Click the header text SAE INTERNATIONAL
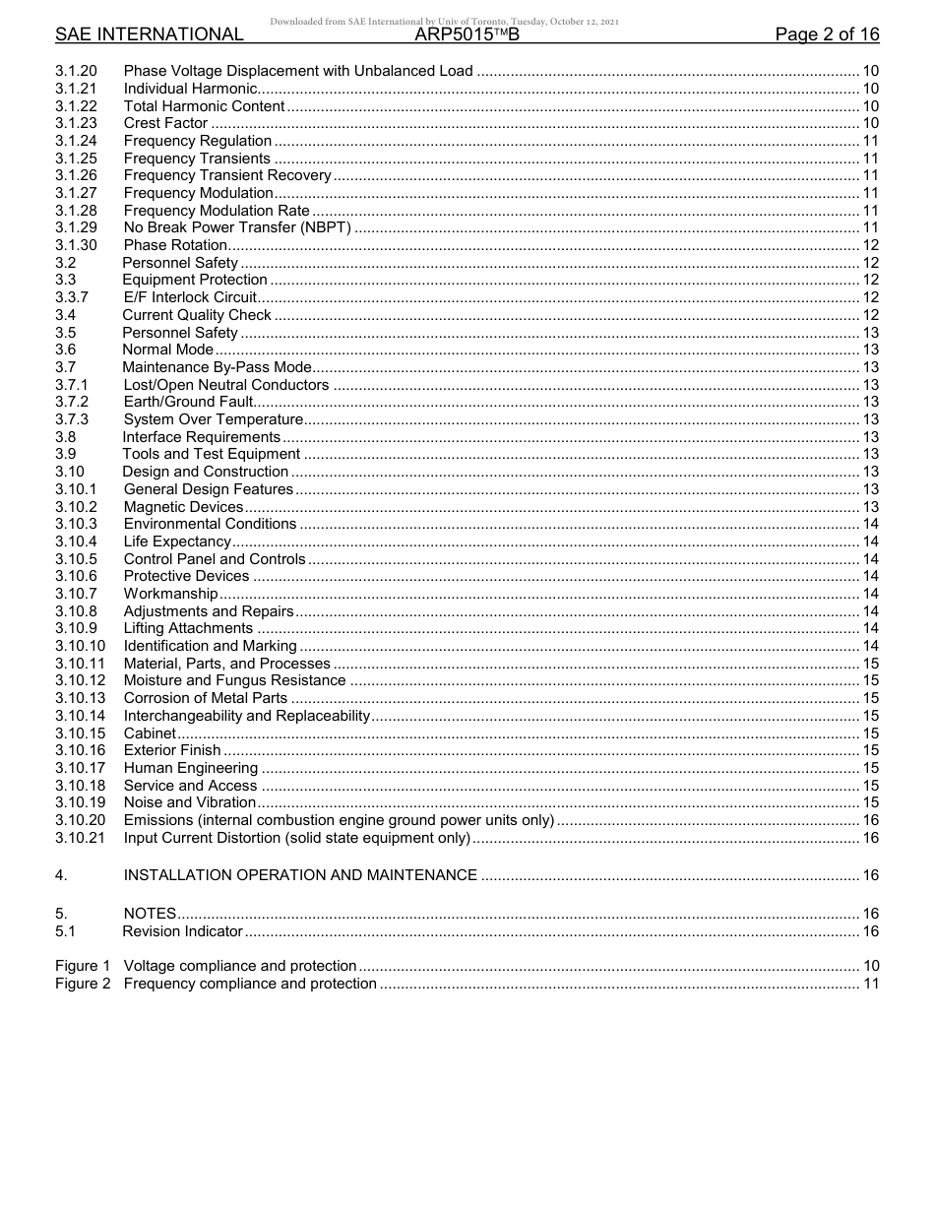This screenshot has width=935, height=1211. [x=149, y=34]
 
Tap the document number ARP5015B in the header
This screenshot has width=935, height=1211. [x=467, y=34]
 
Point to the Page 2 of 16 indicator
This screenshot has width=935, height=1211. [x=827, y=34]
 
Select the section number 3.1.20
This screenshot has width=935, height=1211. [x=76, y=71]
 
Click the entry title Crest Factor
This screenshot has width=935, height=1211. [x=165, y=123]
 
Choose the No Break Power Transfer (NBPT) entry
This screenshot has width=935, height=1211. [x=237, y=227]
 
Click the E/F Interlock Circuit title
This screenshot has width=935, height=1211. [x=190, y=297]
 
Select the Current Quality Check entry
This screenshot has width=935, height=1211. [x=197, y=315]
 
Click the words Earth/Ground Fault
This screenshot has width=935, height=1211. [x=188, y=402]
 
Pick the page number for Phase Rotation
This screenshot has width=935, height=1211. [x=870, y=245]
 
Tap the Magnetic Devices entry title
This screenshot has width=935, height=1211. [x=183, y=507]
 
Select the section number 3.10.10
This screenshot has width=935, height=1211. [x=80, y=646]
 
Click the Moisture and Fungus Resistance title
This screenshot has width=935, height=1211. [x=234, y=680]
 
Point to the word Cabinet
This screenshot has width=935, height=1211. [x=150, y=733]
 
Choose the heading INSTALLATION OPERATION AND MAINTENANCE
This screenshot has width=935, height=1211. [x=300, y=875]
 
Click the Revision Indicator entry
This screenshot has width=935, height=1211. [x=182, y=931]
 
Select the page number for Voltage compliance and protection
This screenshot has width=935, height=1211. [x=870, y=966]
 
